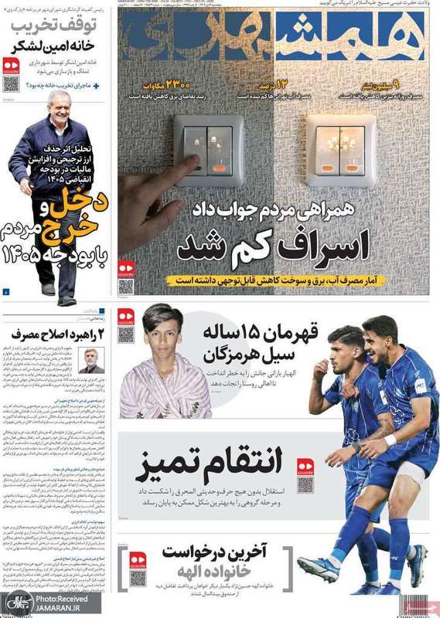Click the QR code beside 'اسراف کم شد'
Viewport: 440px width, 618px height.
tap(126, 283)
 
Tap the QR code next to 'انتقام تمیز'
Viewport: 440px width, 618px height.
tap(305, 483)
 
